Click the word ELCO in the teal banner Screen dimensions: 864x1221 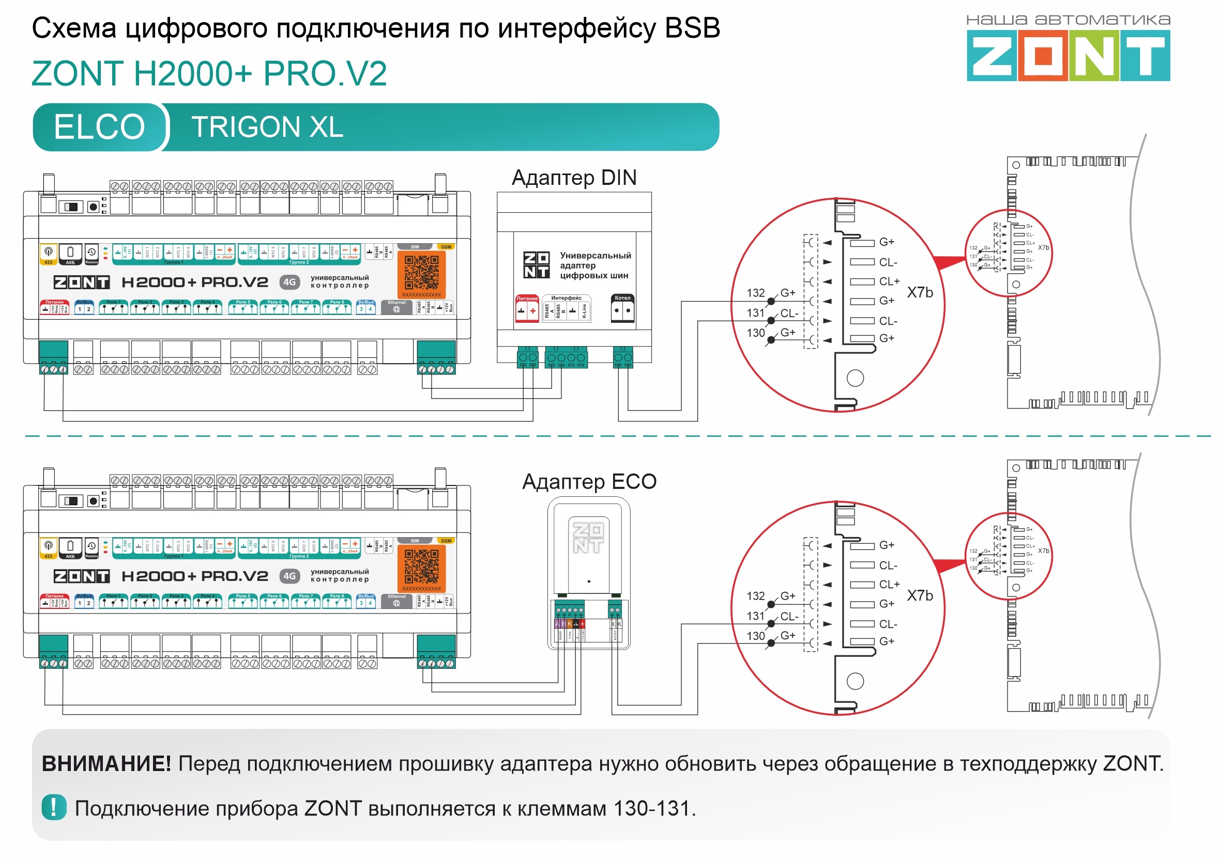(99, 127)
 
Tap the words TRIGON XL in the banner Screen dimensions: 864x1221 (267, 127)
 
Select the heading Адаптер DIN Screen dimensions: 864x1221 (573, 178)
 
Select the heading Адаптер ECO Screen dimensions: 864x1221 (588, 481)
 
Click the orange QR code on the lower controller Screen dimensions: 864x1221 (421, 566)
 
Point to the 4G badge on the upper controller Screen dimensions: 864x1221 (289, 282)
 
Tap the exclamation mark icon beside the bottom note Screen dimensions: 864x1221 (54, 807)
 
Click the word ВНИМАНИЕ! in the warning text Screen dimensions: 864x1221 (106, 763)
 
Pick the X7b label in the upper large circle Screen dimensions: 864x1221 (920, 293)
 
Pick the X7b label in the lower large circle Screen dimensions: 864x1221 (920, 595)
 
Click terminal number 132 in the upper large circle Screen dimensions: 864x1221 (755, 293)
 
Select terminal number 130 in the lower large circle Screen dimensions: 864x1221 (755, 636)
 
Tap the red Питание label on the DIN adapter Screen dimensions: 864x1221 (527, 299)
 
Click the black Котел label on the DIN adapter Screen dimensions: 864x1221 (622, 298)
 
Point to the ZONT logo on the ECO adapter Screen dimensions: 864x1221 (588, 537)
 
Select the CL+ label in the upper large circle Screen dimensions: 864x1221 (889, 281)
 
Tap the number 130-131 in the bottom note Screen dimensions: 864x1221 (651, 808)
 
